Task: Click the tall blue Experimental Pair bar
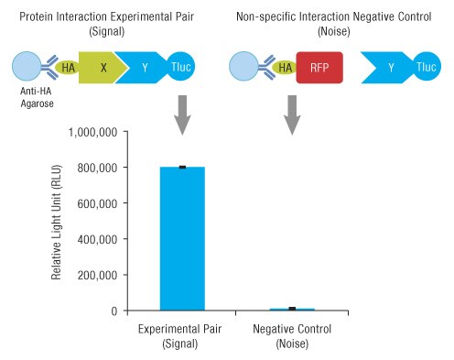coord(182,238)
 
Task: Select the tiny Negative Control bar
coord(292,309)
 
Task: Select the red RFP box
coord(319,68)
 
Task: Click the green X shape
coord(103,68)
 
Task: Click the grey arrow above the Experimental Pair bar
coord(182,114)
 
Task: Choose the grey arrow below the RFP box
coord(292,114)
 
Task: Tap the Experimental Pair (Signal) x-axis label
coord(182,334)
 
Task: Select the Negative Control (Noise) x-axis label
coord(292,334)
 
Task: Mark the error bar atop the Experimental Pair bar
coord(182,167)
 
